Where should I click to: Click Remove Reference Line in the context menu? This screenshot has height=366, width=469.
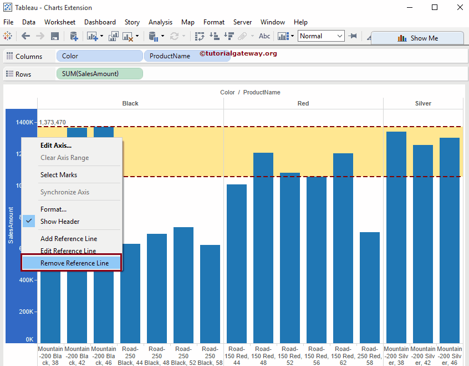(74, 263)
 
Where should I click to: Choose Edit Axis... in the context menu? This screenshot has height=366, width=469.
(55, 146)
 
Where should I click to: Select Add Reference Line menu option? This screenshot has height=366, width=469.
(69, 239)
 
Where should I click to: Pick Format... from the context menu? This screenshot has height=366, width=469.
(53, 209)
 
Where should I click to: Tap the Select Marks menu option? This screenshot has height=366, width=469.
(59, 175)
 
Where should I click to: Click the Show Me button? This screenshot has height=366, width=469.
(417, 38)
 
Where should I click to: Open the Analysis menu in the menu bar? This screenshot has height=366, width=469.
(160, 22)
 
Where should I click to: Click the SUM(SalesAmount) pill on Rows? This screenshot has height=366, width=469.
(99, 74)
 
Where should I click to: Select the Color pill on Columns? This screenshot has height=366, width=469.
(99, 56)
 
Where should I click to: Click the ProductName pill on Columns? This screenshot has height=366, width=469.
(170, 56)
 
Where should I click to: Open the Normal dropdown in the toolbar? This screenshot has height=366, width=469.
(322, 36)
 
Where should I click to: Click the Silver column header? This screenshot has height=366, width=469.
(423, 103)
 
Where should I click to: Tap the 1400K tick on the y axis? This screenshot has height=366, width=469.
(24, 122)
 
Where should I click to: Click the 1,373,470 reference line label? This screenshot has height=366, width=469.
(52, 123)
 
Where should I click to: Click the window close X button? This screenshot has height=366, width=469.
(460, 8)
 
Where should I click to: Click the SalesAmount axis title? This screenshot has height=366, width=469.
(11, 225)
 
